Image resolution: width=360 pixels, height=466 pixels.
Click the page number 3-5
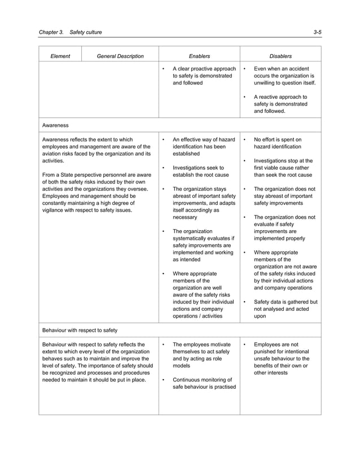pyautogui.click(x=317, y=32)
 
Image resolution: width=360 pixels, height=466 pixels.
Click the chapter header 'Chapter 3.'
pyautogui.click(x=51, y=32)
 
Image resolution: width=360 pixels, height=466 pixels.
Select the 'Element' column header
pyautogui.click(x=60, y=56)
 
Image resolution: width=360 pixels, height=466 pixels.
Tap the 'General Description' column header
pyautogui.click(x=120, y=56)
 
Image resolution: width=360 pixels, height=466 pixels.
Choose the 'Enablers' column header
pyautogui.click(x=199, y=56)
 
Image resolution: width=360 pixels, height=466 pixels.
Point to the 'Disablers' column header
pyautogui.click(x=280, y=56)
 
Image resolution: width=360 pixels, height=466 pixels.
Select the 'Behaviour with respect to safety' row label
pyautogui.click(x=80, y=329)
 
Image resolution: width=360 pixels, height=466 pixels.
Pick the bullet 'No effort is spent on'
pyautogui.click(x=278, y=143)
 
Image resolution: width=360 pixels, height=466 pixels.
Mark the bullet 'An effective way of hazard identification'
pyautogui.click(x=203, y=146)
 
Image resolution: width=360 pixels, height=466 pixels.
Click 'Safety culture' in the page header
pyautogui.click(x=86, y=32)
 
